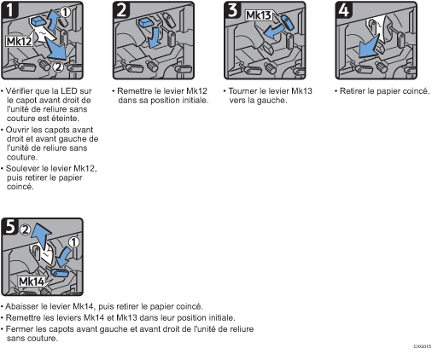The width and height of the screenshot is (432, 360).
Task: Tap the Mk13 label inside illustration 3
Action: (260, 16)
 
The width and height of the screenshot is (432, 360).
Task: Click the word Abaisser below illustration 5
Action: (24, 305)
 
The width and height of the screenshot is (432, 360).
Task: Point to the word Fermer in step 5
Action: (21, 328)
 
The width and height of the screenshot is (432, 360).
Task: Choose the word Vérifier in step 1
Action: (21, 89)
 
